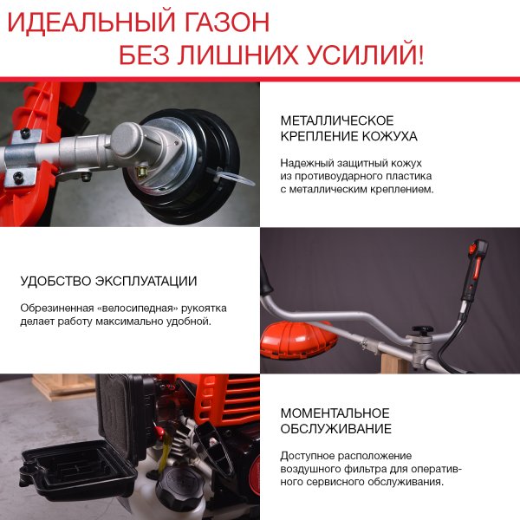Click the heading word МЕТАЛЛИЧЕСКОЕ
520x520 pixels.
pyautogui.click(x=337, y=120)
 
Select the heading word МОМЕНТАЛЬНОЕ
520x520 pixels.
pyautogui.click(x=335, y=413)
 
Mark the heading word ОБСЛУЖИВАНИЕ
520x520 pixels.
pyautogui.click(x=335, y=429)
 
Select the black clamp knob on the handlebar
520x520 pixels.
pyautogui.click(x=424, y=332)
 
